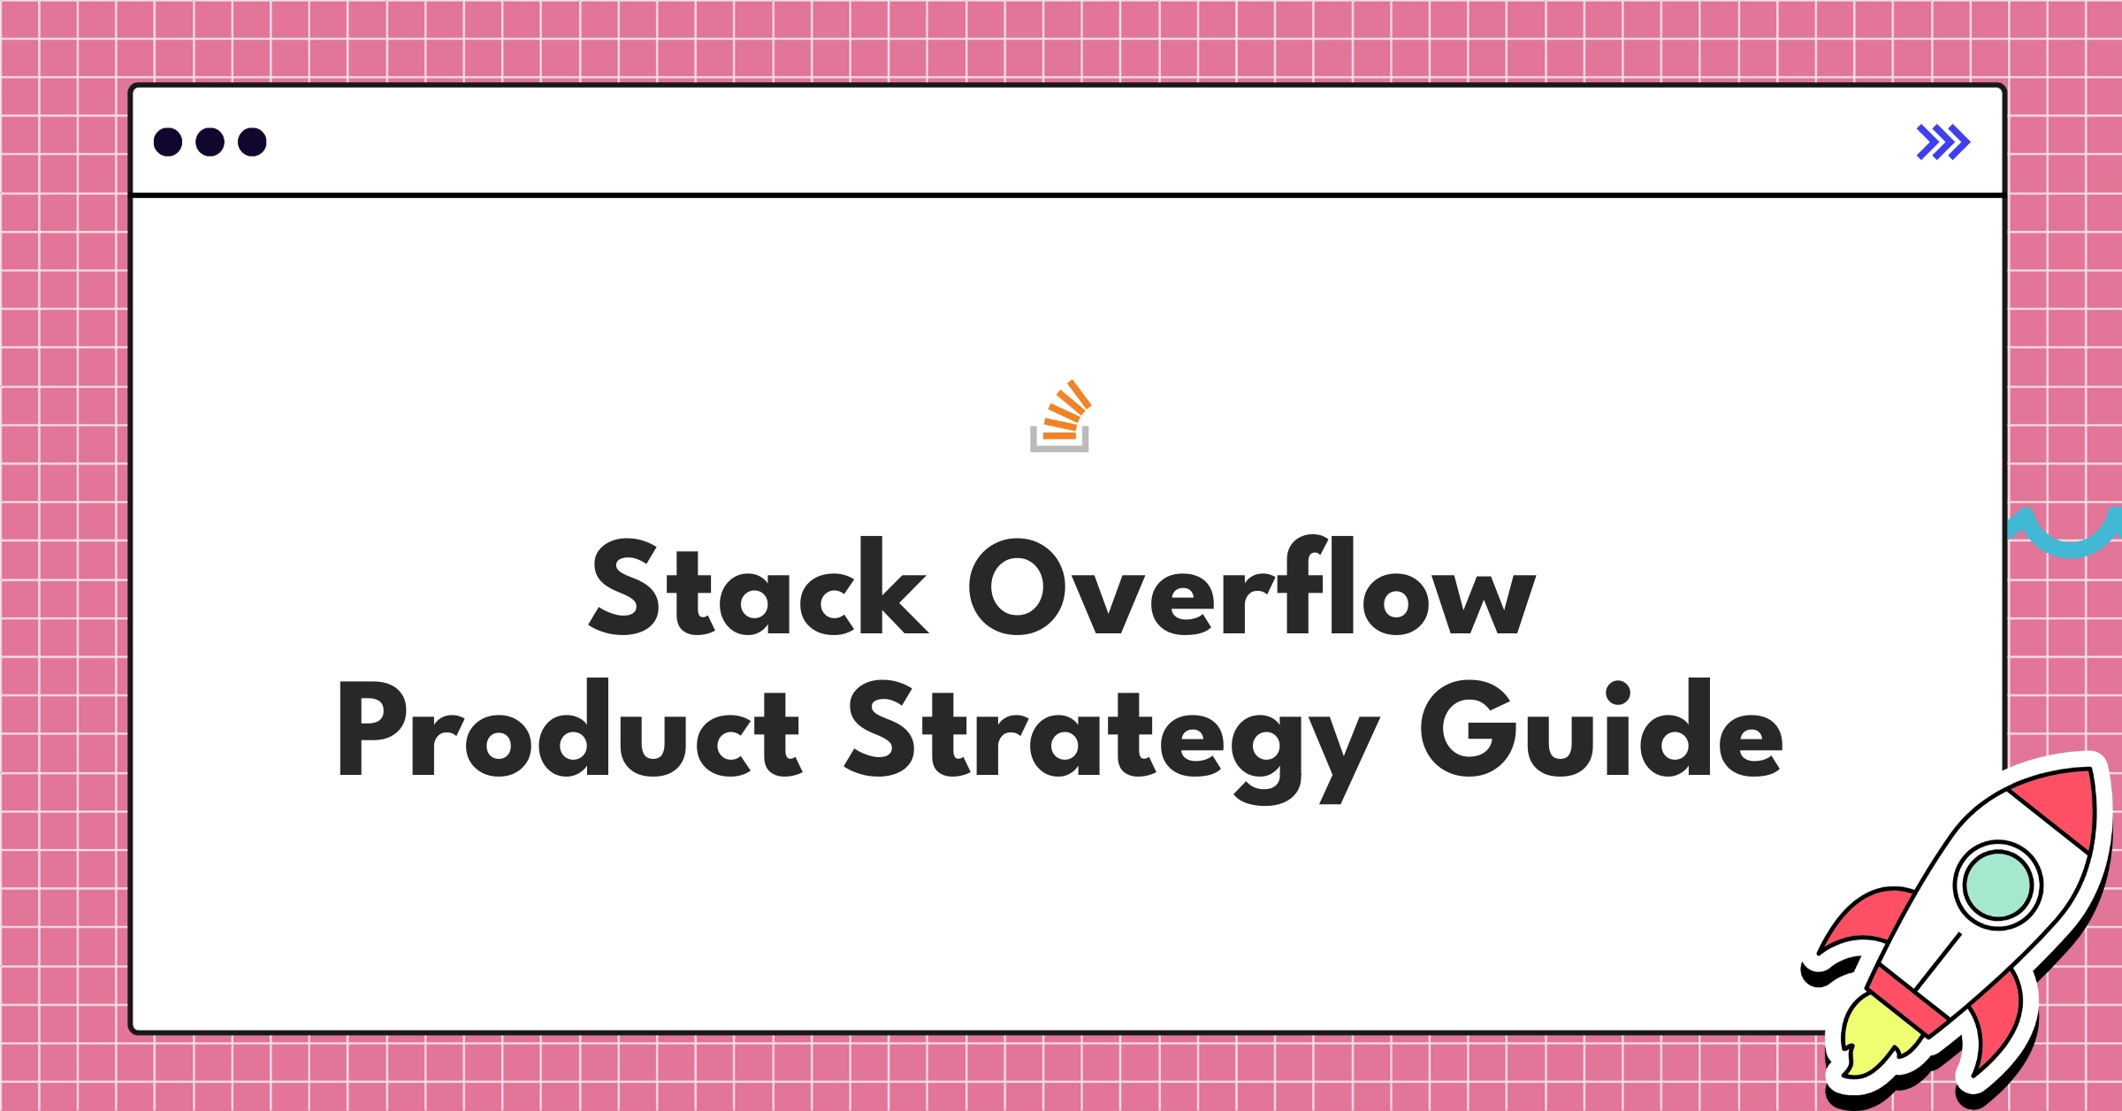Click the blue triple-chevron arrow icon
tap(1943, 142)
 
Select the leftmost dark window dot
tap(168, 142)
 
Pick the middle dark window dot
tap(210, 142)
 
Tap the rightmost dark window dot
tap(252, 142)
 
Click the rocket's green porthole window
tap(1997, 885)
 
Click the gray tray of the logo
tap(1059, 445)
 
